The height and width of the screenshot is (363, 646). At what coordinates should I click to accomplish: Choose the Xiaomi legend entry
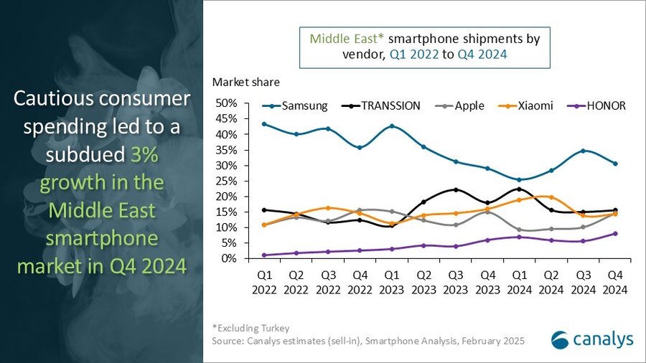point(527,105)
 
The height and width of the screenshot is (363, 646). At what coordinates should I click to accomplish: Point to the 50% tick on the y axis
point(226,103)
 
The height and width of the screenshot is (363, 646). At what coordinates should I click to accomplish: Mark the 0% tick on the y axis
point(229,258)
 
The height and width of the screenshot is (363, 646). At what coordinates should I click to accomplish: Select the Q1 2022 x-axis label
point(265,283)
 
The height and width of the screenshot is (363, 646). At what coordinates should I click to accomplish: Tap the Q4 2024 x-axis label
point(615,283)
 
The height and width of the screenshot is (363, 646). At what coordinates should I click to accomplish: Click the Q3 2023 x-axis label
point(456,283)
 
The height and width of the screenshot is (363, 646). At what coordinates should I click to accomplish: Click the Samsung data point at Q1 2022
point(265,124)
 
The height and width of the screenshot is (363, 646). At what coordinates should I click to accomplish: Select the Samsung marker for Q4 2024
point(615,164)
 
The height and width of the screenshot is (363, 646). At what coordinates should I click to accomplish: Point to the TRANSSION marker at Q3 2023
point(456,189)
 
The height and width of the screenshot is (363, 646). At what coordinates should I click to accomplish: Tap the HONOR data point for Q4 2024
point(615,233)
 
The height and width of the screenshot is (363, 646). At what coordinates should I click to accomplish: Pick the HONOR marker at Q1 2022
point(265,255)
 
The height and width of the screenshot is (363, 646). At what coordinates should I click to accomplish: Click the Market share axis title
point(246,82)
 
